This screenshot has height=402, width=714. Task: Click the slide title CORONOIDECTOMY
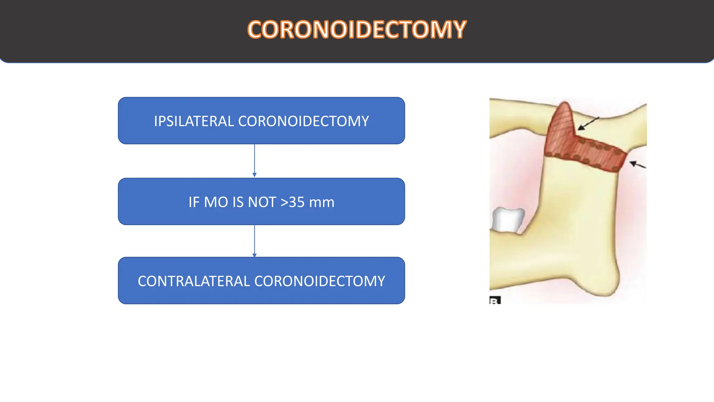[356, 30]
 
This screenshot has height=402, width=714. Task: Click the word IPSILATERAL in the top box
[193, 121]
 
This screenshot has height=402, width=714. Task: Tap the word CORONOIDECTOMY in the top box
[303, 121]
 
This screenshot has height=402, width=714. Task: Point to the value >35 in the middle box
[293, 202]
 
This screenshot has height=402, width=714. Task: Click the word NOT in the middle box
[262, 202]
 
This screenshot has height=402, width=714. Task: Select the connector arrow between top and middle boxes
[255, 161]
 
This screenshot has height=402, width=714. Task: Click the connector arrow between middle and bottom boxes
[255, 241]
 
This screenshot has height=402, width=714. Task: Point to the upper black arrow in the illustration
[588, 123]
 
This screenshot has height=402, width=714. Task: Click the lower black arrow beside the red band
[638, 164]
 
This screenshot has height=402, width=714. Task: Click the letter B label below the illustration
[495, 300]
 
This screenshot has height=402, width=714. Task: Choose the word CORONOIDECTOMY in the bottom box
[320, 281]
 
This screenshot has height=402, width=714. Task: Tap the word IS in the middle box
[240, 202]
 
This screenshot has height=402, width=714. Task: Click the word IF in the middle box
[194, 202]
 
